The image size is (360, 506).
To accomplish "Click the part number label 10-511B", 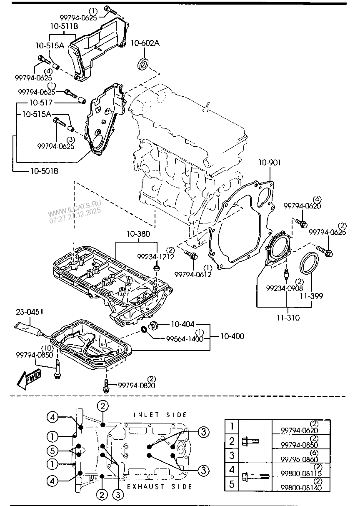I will coord(64,27).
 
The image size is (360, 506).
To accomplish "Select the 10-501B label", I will coord(44,170).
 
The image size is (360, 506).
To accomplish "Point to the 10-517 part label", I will coord(41,102).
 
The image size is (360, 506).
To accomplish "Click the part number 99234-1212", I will coord(156,257).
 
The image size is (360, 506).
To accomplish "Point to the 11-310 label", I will coord(288,318).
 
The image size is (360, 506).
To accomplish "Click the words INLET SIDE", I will coord(160,415).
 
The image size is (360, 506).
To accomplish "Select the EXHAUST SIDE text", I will coord(159,486).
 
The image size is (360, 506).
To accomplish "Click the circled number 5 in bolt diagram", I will coord(52,450).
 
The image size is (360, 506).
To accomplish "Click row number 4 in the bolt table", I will coord(232,470).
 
